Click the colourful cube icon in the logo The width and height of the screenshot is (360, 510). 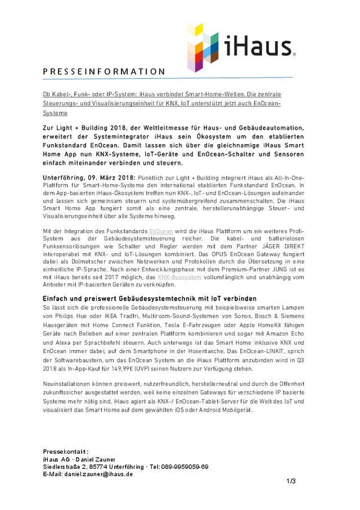pyautogui.click(x=203, y=47)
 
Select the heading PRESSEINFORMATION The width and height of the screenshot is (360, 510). pyautogui.click(x=104, y=71)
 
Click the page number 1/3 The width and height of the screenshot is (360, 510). pyautogui.click(x=291, y=481)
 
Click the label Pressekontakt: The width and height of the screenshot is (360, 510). pyautogui.click(x=66, y=452)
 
